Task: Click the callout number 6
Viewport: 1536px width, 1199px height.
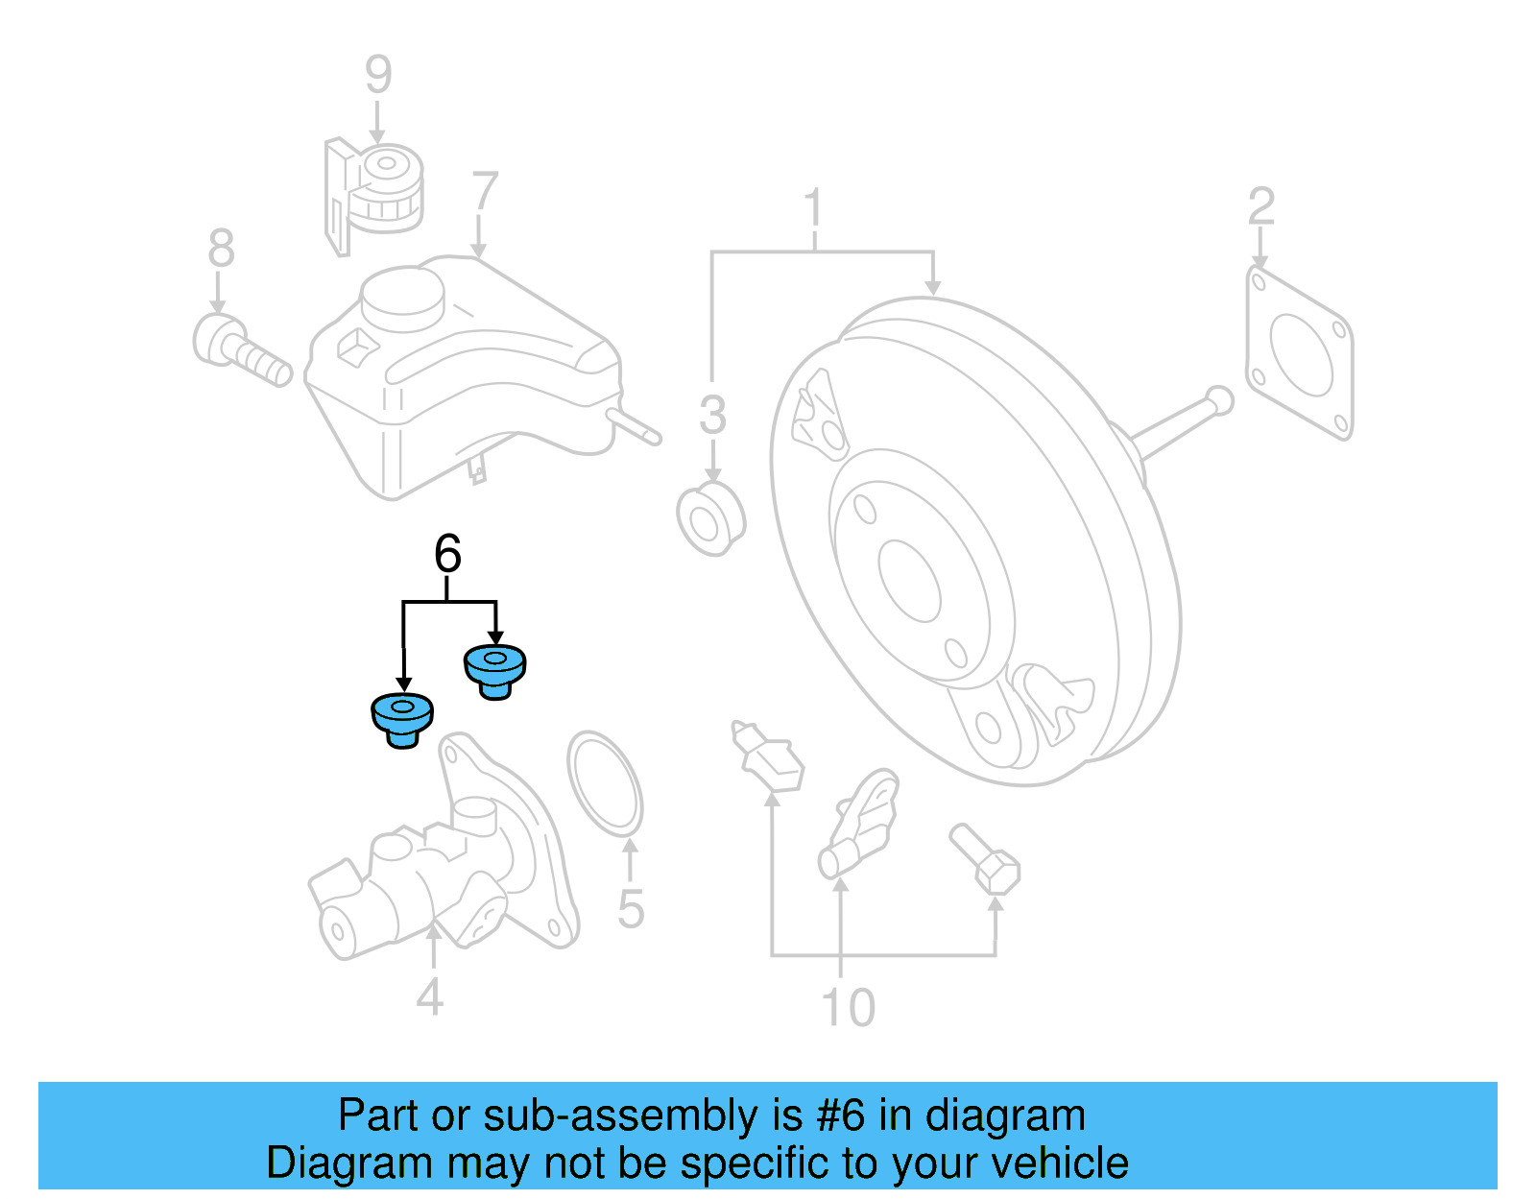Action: coord(447,554)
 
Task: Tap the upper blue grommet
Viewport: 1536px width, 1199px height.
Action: coord(494,670)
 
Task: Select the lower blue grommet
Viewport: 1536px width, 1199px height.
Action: coord(402,720)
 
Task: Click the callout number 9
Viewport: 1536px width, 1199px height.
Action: coord(378,74)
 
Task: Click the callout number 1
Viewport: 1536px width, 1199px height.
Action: coord(813,208)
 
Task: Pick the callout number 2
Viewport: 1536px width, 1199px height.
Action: coord(1260,206)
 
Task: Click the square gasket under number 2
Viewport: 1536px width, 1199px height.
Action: coord(1299,354)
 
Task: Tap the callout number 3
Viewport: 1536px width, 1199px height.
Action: coord(712,415)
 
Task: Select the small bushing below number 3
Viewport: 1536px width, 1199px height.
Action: coord(710,519)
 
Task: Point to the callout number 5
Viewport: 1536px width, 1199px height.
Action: coord(630,908)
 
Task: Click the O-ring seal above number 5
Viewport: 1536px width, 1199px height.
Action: coord(605,782)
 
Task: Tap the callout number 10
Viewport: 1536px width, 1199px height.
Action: coord(848,1007)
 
